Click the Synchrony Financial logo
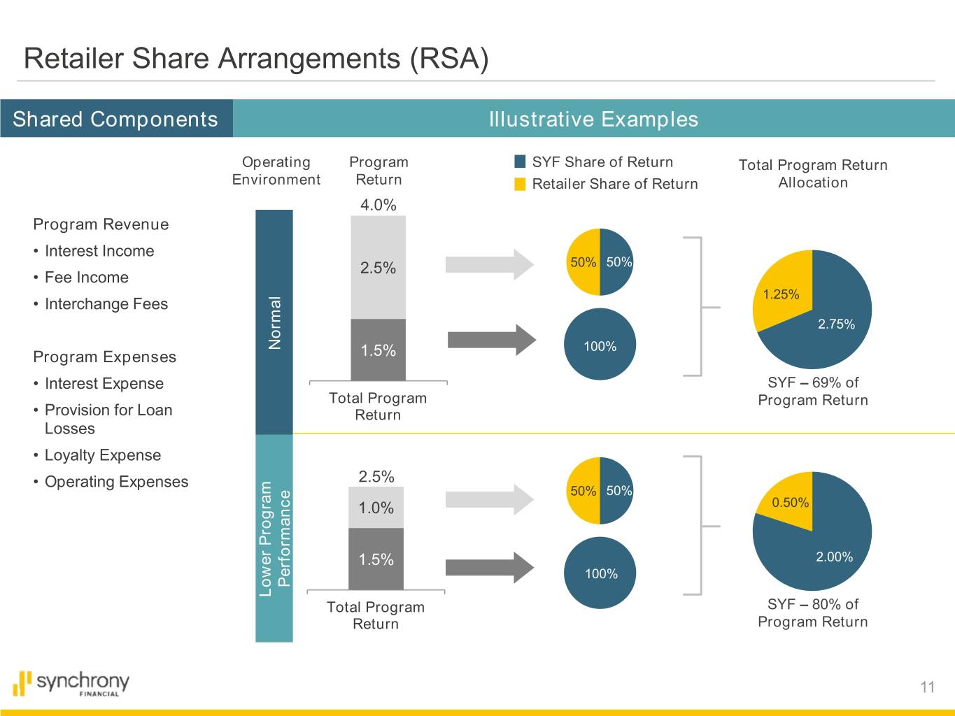(71, 683)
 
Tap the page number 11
(927, 687)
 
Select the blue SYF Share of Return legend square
(520, 162)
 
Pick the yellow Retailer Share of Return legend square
(520, 184)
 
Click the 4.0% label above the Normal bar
(378, 205)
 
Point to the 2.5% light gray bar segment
(378, 268)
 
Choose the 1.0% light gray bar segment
(376, 508)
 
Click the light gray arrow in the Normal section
(488, 264)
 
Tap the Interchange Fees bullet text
(106, 304)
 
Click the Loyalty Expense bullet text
(103, 455)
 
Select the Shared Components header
(115, 119)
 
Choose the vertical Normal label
(274, 322)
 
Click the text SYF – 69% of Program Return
(812, 392)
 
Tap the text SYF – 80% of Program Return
(812, 613)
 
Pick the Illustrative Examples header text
(593, 119)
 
